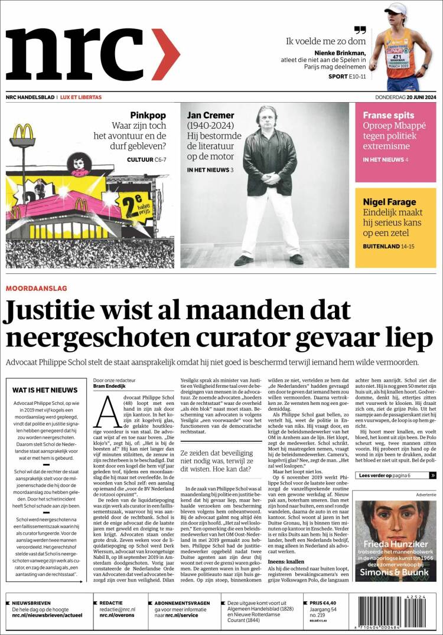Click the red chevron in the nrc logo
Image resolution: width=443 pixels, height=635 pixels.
168,54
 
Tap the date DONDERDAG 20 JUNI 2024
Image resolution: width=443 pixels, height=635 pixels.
406,97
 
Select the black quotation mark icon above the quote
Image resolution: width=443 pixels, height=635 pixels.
360,29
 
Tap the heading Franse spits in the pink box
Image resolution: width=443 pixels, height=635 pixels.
386,116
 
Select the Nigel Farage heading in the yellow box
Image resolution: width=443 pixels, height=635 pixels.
389,202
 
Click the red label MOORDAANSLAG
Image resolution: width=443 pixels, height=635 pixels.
36,288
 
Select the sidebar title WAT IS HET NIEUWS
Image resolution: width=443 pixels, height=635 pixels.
45,390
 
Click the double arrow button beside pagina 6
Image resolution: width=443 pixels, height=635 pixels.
433,475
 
